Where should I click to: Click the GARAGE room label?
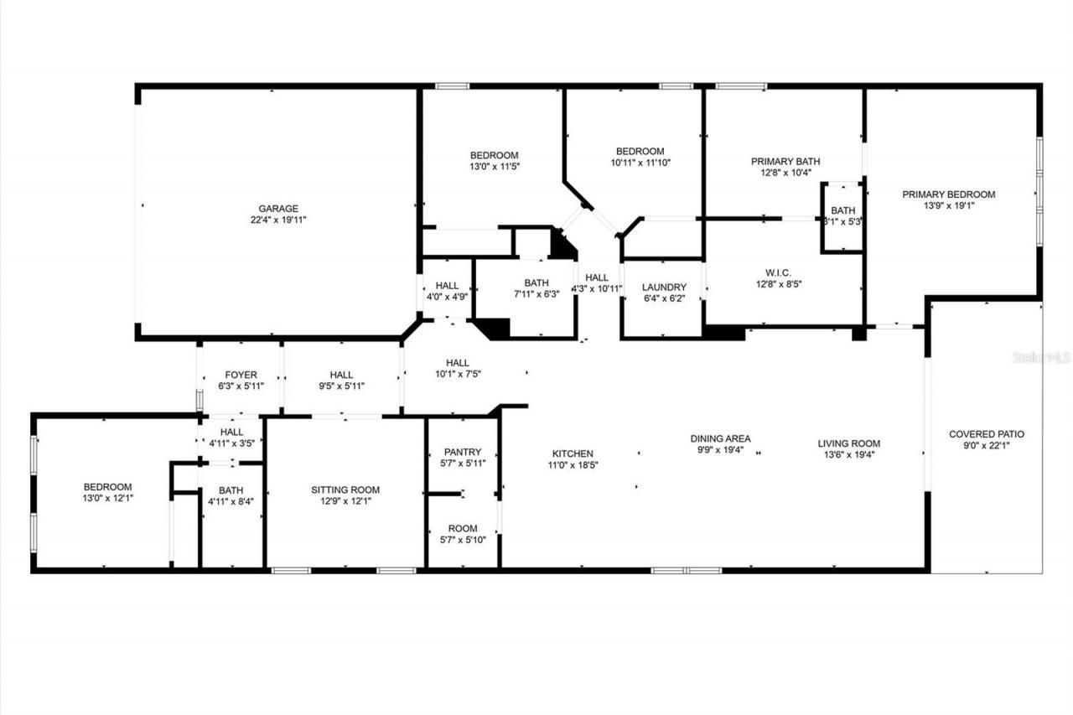(x=278, y=209)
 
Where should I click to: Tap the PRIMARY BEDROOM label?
(x=948, y=194)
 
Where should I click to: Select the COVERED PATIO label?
(x=986, y=434)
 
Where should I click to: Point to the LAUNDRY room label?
(x=664, y=287)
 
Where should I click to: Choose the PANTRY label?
(x=463, y=452)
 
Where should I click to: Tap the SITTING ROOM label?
(x=345, y=490)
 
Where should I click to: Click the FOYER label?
(x=241, y=375)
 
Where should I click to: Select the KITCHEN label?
(x=573, y=453)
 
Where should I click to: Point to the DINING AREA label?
(x=720, y=438)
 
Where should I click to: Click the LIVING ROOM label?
(x=849, y=444)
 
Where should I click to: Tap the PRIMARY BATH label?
(x=785, y=162)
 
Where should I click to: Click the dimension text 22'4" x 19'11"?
(x=278, y=220)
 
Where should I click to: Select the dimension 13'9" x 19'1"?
(x=948, y=205)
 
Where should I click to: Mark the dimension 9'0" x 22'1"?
(x=986, y=446)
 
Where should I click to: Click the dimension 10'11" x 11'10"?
(x=641, y=163)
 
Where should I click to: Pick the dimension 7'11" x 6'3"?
(x=536, y=294)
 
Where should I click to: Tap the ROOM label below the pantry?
(x=463, y=528)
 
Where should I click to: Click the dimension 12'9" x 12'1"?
(x=345, y=501)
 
